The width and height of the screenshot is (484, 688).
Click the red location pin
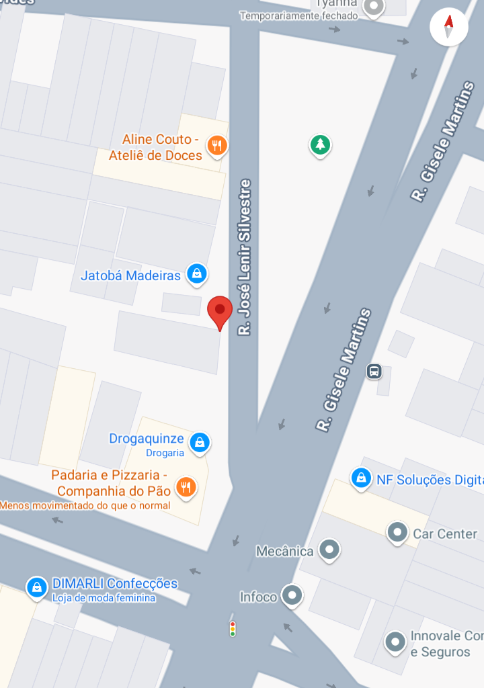click(x=220, y=310)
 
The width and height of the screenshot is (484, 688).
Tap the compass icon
click(x=448, y=28)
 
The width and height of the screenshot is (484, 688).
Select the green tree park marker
click(x=321, y=144)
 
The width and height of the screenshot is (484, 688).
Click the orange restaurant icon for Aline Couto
click(x=216, y=145)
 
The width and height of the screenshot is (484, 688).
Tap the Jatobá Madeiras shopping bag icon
click(x=196, y=273)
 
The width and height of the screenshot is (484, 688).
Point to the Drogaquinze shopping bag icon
click(x=199, y=442)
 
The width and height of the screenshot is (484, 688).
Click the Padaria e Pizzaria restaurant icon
click(x=186, y=486)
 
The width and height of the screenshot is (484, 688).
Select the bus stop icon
click(x=374, y=371)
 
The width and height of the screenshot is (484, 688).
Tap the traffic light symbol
click(x=233, y=628)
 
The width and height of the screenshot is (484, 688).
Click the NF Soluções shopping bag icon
click(x=361, y=478)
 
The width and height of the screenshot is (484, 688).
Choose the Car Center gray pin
click(x=397, y=532)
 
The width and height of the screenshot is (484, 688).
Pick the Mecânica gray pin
click(x=329, y=550)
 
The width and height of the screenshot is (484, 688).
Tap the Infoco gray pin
click(x=292, y=595)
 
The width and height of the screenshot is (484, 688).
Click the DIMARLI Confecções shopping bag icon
click(x=36, y=587)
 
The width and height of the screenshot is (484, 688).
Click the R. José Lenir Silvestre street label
click(x=245, y=257)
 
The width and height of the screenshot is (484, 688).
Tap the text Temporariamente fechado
click(x=298, y=15)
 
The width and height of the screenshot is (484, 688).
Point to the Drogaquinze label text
click(x=147, y=439)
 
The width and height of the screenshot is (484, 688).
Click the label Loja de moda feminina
click(x=104, y=598)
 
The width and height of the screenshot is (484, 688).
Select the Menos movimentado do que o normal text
click(x=85, y=505)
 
